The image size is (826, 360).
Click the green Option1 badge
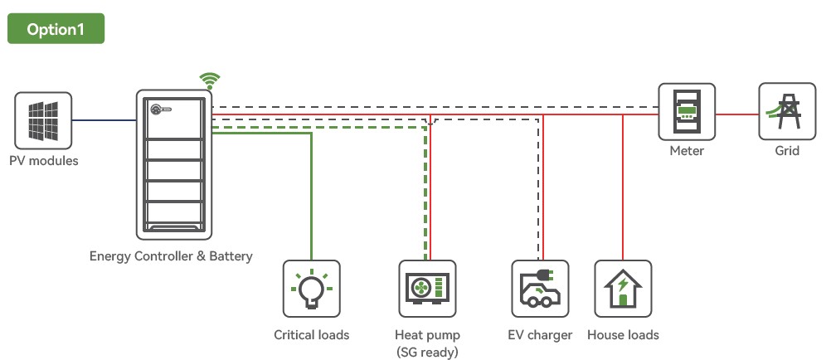[x=56, y=28]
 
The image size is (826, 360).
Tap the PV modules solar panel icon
[x=43, y=120]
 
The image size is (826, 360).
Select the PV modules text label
[x=44, y=161]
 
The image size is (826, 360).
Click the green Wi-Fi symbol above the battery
[x=210, y=81]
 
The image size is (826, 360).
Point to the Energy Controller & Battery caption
[x=171, y=256]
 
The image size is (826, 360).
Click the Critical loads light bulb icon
[x=311, y=289]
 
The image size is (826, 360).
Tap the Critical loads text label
[x=311, y=334]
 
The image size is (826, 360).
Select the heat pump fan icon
[x=427, y=289]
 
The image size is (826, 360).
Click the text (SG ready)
[x=427, y=352]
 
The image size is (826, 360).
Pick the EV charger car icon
[x=540, y=289]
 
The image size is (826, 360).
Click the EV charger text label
[x=540, y=335]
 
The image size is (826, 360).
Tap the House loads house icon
[x=623, y=289]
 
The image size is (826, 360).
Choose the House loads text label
[x=623, y=334]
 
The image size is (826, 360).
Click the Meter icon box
[x=687, y=112]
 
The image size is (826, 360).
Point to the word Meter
[x=687, y=151]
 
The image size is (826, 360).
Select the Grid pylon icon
[x=787, y=111]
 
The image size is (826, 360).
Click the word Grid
[x=787, y=151]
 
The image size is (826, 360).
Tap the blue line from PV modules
[x=104, y=120]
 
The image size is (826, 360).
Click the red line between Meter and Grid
[x=737, y=114]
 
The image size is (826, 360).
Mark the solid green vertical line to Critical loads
[x=311, y=196]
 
